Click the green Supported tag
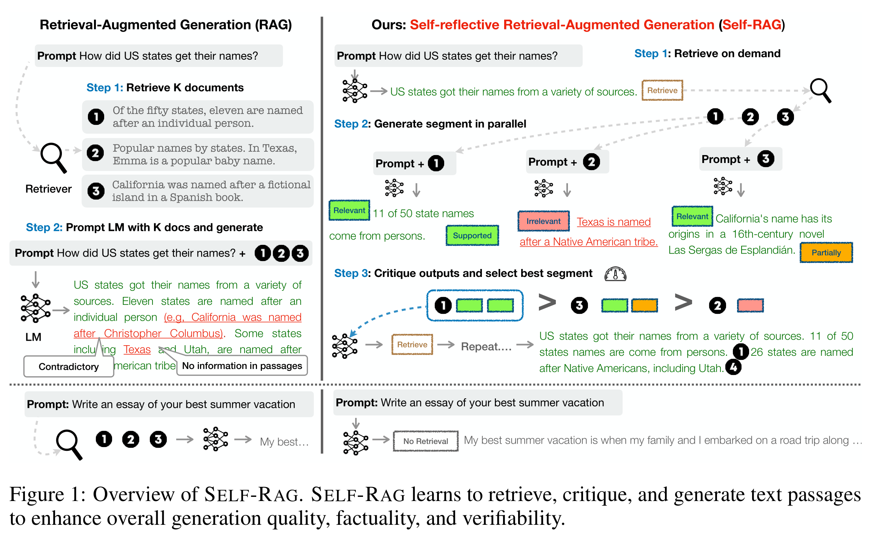pos(472,235)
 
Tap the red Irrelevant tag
pos(543,221)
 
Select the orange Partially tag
pos(826,252)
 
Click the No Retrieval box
pos(425,441)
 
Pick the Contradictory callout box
pos(69,366)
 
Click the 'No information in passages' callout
pos(242,366)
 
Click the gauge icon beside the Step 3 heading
pos(615,274)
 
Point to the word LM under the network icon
pos(33,337)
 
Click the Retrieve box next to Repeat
pos(412,344)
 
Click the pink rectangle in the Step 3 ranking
pos(750,305)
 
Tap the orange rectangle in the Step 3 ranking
pos(645,305)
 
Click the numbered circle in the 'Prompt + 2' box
pos(591,162)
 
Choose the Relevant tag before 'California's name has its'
pos(692,217)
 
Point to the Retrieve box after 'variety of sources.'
pos(662,91)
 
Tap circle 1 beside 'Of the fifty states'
pos(96,117)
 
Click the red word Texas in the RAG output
pos(137,349)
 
